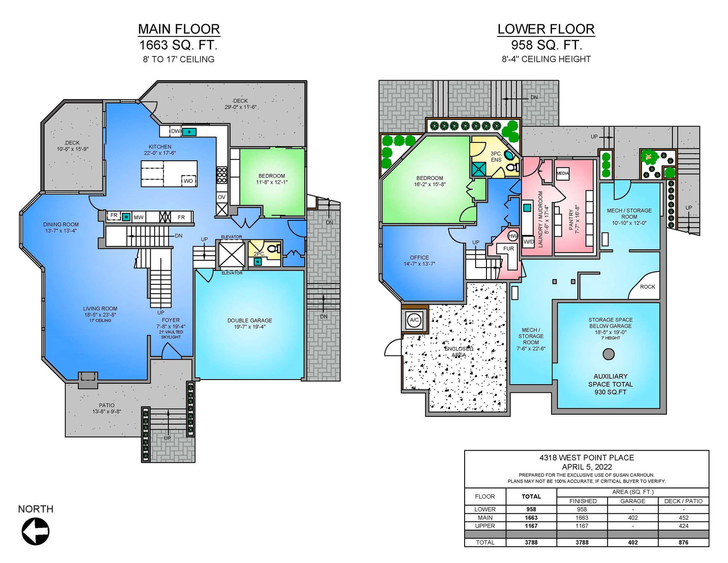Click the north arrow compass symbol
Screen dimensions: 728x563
pyautogui.click(x=35, y=531)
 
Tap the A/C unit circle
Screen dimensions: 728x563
pyautogui.click(x=414, y=320)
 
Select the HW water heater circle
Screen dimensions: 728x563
pyautogui.click(x=513, y=236)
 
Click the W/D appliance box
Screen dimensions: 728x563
pyautogui.click(x=529, y=242)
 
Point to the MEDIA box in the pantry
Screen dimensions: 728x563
pyautogui.click(x=563, y=173)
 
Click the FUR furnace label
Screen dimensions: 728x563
pyautogui.click(x=508, y=249)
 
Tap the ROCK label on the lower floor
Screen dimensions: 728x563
pyautogui.click(x=647, y=287)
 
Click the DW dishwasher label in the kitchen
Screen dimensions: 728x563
pyautogui.click(x=176, y=131)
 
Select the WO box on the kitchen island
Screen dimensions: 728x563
pyautogui.click(x=188, y=181)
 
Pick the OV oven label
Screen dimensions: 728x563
pyautogui.click(x=222, y=197)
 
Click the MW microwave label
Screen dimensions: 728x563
pyautogui.click(x=138, y=218)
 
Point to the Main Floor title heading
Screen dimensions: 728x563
pyautogui.click(x=179, y=29)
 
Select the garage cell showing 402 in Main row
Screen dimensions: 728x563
pyautogui.click(x=632, y=517)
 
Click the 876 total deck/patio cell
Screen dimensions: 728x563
pyautogui.click(x=683, y=542)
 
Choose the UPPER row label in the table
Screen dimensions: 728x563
pyautogui.click(x=485, y=526)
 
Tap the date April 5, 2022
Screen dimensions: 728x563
pyautogui.click(x=586, y=467)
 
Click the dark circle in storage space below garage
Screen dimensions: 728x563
pyautogui.click(x=608, y=354)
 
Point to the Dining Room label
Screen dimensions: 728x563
pyautogui.click(x=61, y=224)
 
